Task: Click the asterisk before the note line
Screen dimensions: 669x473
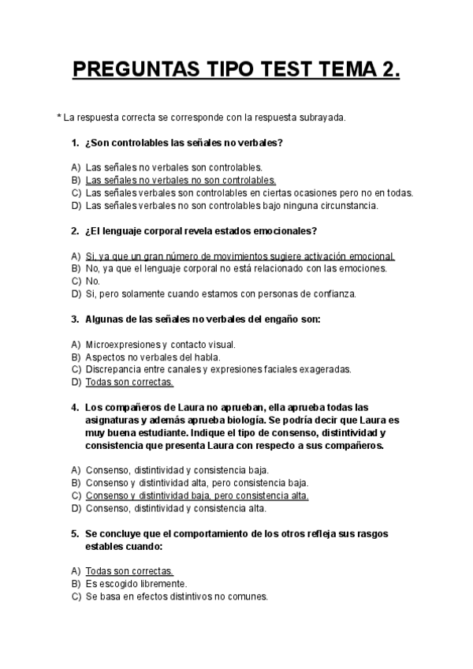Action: click(59, 118)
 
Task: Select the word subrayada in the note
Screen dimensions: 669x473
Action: click(322, 118)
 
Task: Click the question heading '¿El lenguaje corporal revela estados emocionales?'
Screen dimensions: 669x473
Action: click(200, 231)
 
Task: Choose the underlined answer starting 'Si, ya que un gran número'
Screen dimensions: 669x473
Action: click(240, 256)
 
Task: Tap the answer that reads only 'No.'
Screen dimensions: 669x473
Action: click(92, 281)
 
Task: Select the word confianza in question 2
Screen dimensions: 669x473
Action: click(335, 293)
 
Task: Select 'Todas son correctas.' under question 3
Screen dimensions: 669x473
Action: click(128, 382)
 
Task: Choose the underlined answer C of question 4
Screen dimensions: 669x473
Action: click(196, 495)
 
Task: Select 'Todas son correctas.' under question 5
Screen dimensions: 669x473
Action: click(128, 571)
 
